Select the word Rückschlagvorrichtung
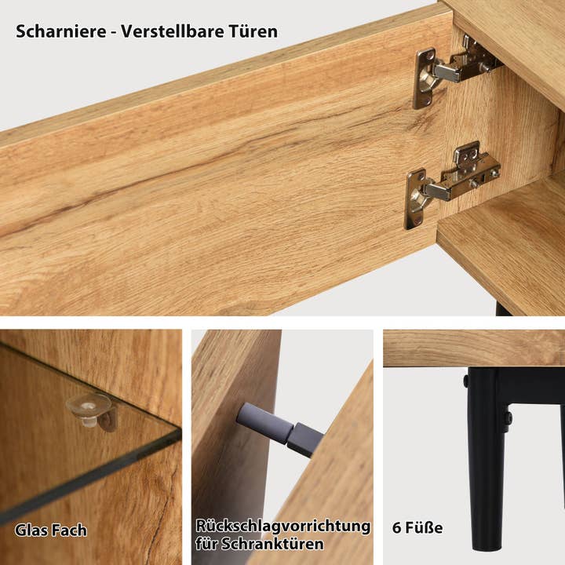(x=283, y=526)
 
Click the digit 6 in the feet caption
(x=397, y=528)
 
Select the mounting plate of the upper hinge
(x=426, y=76)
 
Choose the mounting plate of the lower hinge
(x=417, y=196)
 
